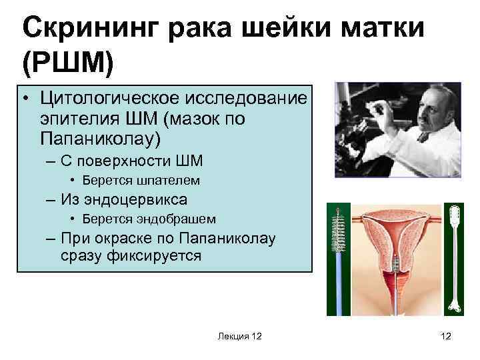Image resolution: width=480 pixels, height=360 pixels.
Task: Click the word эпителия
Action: (74, 119)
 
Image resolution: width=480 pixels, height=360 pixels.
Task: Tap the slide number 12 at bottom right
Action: (446, 337)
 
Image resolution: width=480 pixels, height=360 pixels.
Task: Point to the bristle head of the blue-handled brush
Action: (338, 227)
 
